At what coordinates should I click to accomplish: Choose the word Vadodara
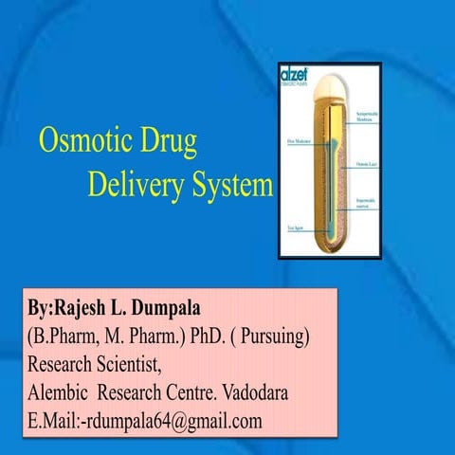[x=282, y=391]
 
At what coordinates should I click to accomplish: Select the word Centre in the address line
[x=200, y=391]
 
